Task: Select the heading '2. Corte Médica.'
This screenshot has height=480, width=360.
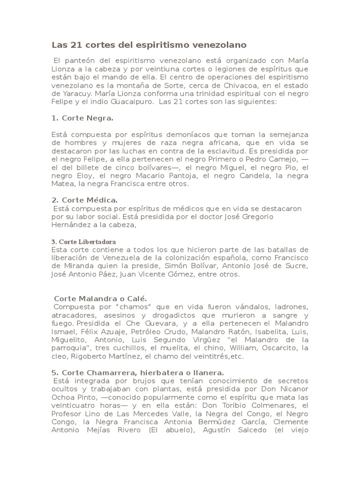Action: (x=84, y=200)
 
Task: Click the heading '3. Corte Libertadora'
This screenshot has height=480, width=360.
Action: (x=83, y=241)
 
